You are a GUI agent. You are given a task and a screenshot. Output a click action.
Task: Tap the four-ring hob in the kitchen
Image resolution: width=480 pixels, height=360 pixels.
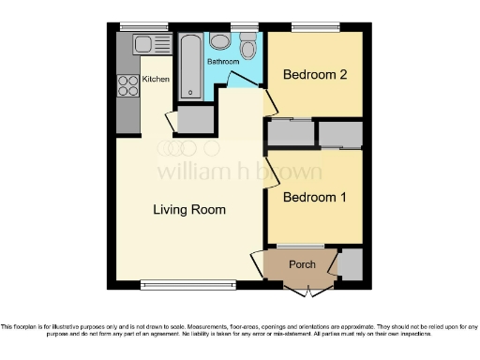(x=127, y=86)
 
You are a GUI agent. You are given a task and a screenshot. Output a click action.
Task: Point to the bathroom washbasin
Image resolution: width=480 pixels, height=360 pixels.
(x=220, y=41)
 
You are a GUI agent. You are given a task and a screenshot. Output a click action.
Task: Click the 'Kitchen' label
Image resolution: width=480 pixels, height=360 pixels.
(x=156, y=80)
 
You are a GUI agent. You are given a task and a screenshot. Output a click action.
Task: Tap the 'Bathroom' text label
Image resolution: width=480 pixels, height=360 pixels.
(x=223, y=62)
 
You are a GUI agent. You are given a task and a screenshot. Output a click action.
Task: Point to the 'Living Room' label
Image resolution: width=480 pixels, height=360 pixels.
(x=189, y=210)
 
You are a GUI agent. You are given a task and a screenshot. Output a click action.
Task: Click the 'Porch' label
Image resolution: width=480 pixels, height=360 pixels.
(x=301, y=264)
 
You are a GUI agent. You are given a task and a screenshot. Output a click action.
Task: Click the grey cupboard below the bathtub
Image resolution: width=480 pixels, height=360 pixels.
(x=195, y=119)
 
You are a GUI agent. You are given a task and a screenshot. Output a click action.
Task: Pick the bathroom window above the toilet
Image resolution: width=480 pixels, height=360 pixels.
(x=245, y=25)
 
